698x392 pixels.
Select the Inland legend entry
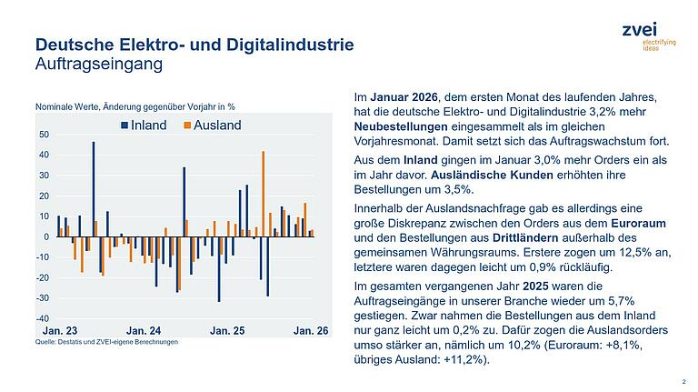tap(145, 125)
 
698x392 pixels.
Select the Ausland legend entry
tap(213, 125)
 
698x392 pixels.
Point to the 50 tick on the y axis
tap(45, 135)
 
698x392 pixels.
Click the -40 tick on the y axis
tap(43, 318)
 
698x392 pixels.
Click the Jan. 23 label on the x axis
tap(60, 333)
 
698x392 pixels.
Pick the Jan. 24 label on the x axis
tap(144, 333)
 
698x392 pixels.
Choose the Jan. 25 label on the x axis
tap(227, 333)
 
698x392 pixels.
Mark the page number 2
tap(683, 383)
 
